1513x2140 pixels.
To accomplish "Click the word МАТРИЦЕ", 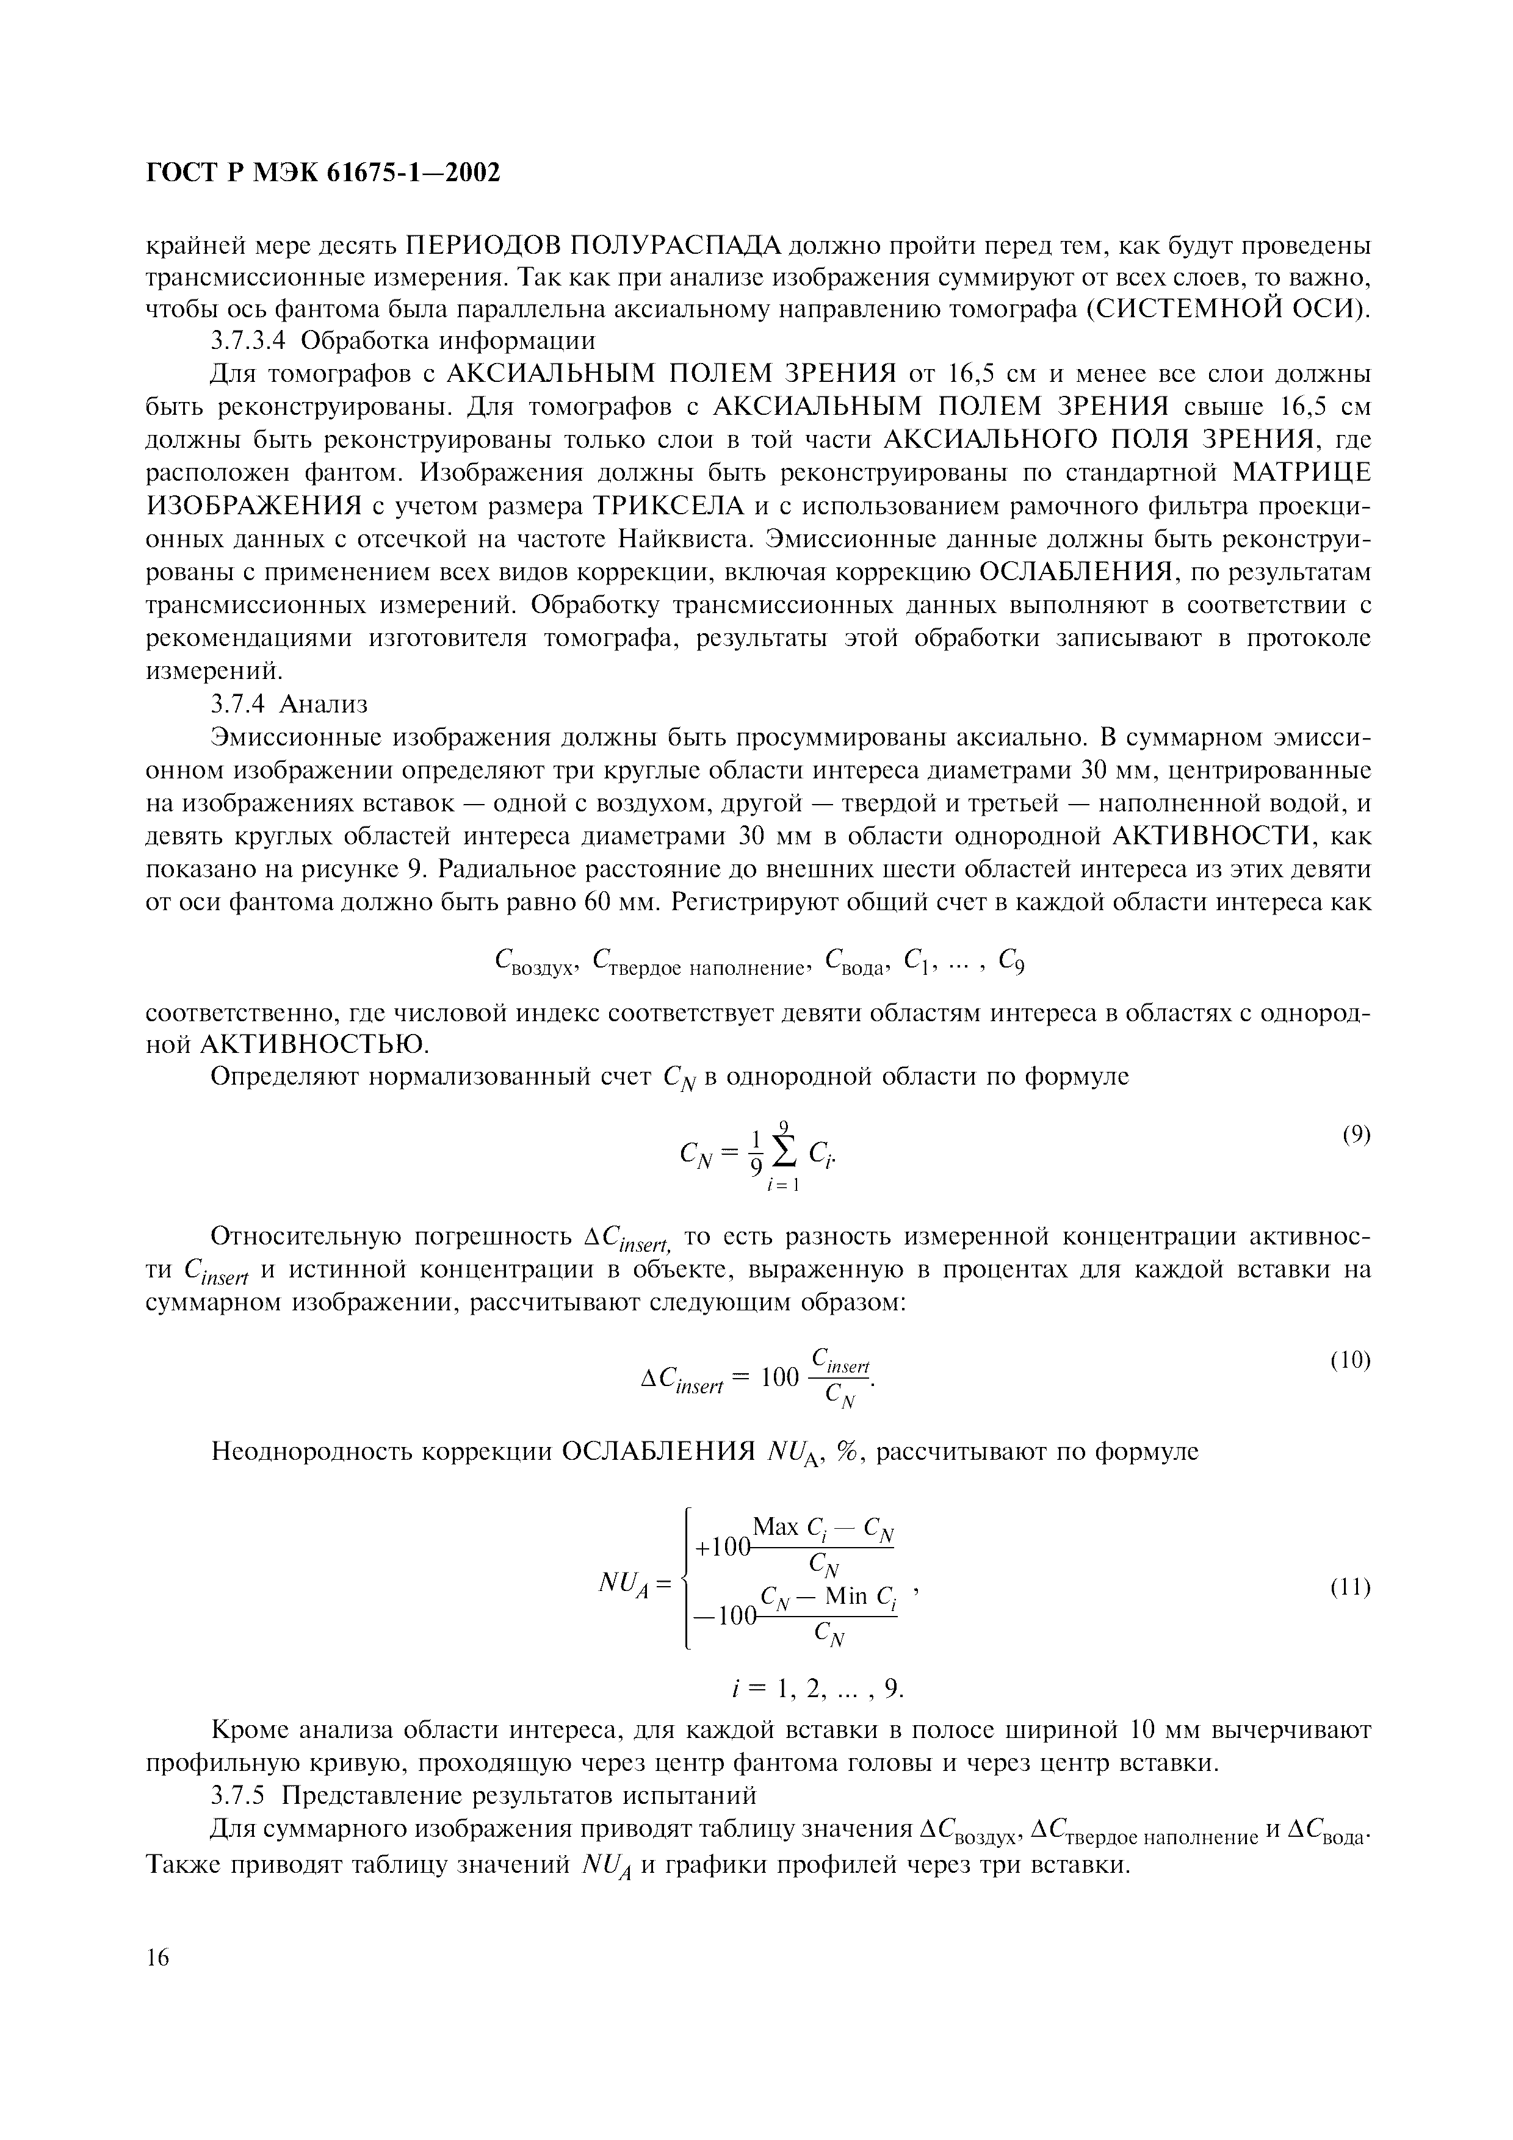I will tap(1301, 473).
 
